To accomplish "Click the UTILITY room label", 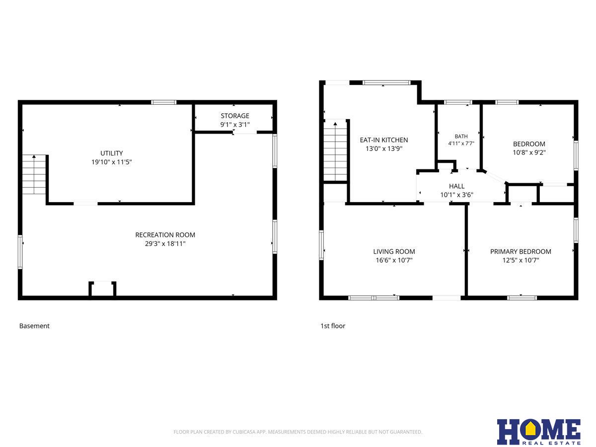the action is [111, 153].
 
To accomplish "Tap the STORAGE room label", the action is [235, 116].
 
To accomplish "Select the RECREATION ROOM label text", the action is [165, 235].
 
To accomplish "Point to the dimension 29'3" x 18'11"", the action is [165, 244].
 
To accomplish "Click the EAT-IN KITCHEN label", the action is [383, 140].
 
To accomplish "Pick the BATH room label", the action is [461, 136].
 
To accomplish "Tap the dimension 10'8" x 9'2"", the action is [529, 152].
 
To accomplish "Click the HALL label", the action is [456, 186].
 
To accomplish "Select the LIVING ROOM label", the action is [394, 252].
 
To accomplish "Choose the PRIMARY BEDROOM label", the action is [521, 252].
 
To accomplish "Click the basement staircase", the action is [34, 174].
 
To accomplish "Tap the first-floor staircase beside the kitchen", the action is [335, 150].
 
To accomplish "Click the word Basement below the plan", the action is [34, 326].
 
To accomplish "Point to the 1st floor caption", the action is [333, 326].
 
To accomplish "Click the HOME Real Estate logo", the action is [539, 432].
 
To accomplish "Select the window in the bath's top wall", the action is [458, 102].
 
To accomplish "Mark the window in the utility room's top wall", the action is [163, 102].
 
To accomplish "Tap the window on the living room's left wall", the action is [321, 245].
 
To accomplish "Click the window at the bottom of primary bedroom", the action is [522, 298].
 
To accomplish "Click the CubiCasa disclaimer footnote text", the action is [298, 432].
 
